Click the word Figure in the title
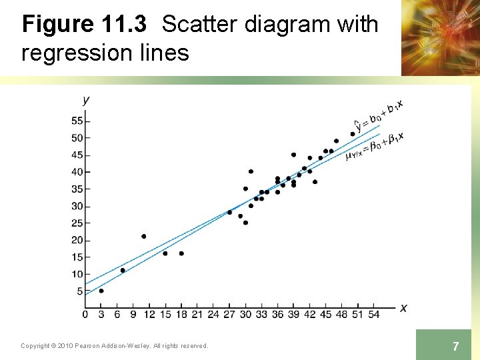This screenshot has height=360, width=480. (58, 25)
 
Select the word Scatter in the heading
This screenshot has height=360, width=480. (200, 25)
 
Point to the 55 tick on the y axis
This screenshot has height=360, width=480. (77, 121)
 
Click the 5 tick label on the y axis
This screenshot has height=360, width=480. (80, 291)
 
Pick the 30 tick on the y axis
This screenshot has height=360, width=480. (77, 206)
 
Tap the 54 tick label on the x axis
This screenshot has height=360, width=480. (374, 314)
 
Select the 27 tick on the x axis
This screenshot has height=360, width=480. (229, 314)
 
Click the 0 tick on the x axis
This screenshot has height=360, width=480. (85, 314)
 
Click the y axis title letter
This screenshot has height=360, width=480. (85, 100)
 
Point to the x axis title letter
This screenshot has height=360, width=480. (403, 307)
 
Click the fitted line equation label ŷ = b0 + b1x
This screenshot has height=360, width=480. (378, 115)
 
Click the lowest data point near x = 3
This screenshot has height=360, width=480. (101, 291)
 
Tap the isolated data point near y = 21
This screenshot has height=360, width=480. (144, 236)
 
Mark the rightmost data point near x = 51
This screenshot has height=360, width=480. (353, 134)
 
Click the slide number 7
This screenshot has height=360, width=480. (455, 346)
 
